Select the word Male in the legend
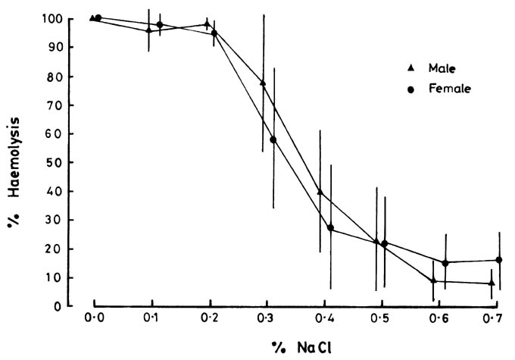(442, 68)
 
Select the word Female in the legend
(449, 89)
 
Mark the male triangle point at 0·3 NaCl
(263, 83)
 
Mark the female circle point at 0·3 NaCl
(273, 139)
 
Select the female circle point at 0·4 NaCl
(330, 227)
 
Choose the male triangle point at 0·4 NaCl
(320, 192)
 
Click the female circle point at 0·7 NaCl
(499, 260)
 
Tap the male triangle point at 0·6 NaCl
(433, 280)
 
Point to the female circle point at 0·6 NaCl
(445, 263)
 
